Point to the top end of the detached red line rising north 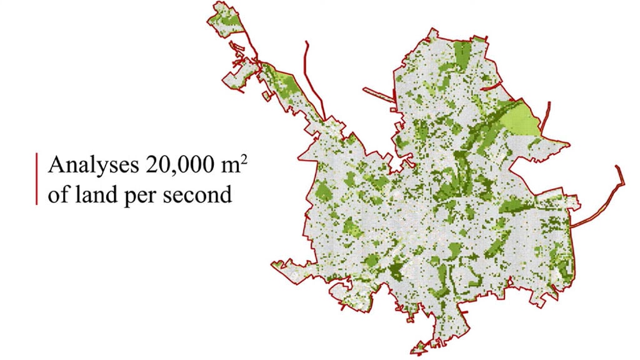tap(306, 42)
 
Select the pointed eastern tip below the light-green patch tap(569, 144)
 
